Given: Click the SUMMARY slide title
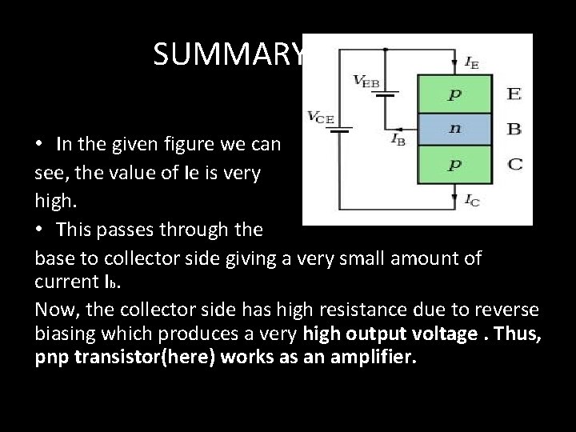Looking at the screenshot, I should coord(229,54).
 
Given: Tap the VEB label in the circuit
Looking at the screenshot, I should coord(366,81).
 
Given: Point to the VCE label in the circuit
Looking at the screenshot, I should coord(320,117).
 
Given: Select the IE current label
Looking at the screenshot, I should coord(471,62).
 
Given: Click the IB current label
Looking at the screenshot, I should coord(398,138).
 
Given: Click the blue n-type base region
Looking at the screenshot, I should coord(454,129).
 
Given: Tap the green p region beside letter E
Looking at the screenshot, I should coord(454,94).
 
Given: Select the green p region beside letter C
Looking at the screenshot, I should coord(454,165).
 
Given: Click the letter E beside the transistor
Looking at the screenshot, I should coord(514,94).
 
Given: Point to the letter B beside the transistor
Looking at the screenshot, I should coord(514,128).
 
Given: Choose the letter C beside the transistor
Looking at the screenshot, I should coord(514,165).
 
